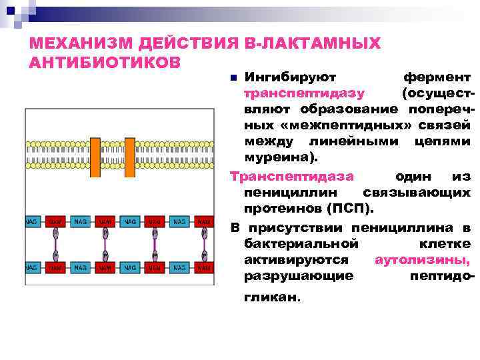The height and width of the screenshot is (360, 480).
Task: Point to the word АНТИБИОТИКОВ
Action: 105,62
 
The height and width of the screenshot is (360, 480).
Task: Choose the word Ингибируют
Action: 290,77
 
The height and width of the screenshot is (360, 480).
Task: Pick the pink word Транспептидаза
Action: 291,176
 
